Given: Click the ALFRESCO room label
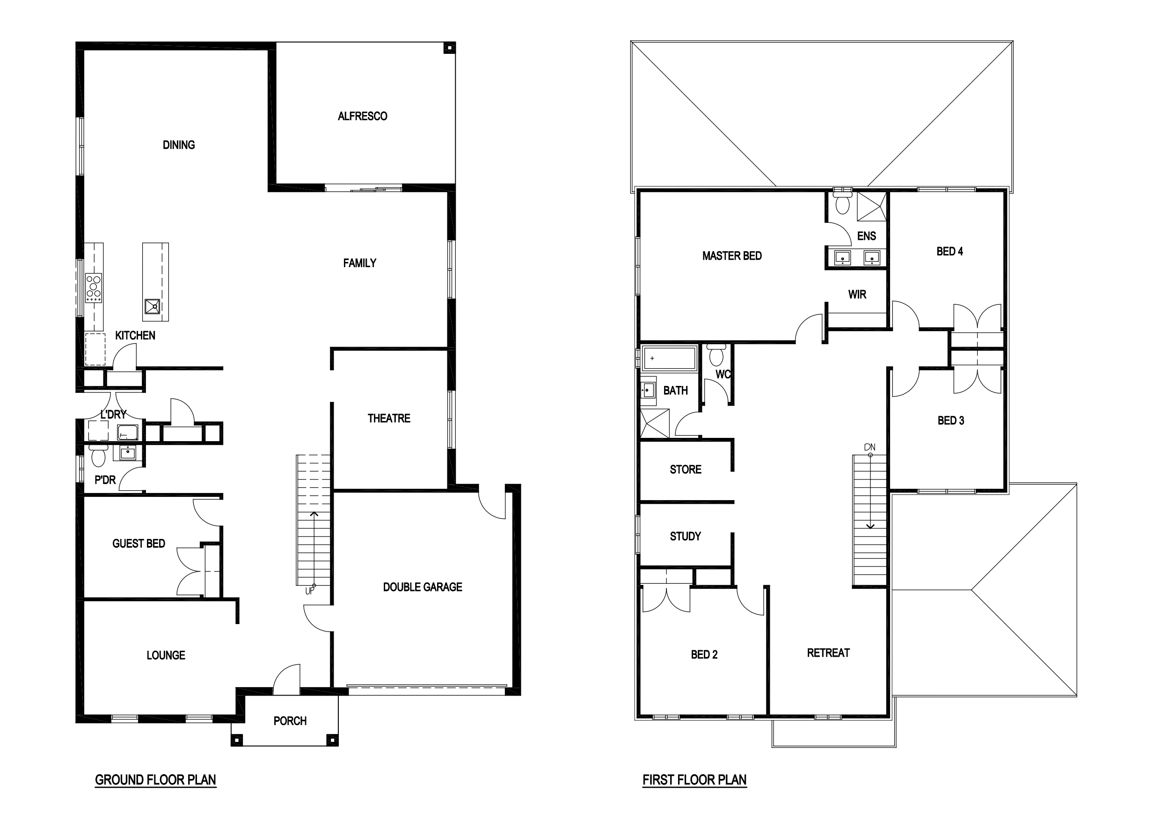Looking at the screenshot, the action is pos(363,116).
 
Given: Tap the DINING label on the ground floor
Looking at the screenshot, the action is pos(178,145).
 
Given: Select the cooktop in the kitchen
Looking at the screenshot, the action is pos(94,288).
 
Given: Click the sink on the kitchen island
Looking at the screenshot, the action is pos(152,307).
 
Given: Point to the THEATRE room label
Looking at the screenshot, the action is pos(389,419).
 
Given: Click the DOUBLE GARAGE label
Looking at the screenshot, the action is pos(423,587).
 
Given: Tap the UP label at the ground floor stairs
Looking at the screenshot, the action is pos(310,590).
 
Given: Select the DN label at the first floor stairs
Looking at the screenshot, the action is pos(870,447).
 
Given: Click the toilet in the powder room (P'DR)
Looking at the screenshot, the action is pos(98,456).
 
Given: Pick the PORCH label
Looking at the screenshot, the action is pos(290,721).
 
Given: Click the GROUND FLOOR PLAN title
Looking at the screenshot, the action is pos(156,780).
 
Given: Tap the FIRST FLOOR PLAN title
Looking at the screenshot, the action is pos(694,780).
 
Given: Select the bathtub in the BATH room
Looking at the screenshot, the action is pos(669,358).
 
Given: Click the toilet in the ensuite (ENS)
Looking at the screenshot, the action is pos(842,202).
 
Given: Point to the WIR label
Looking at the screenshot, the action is pos(857,295).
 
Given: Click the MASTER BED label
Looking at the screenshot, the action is pos(732,256).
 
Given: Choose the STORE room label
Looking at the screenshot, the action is pos(685,470).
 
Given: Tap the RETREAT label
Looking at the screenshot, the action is pos(828,653).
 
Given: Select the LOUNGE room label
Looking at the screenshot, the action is pos(166,656).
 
